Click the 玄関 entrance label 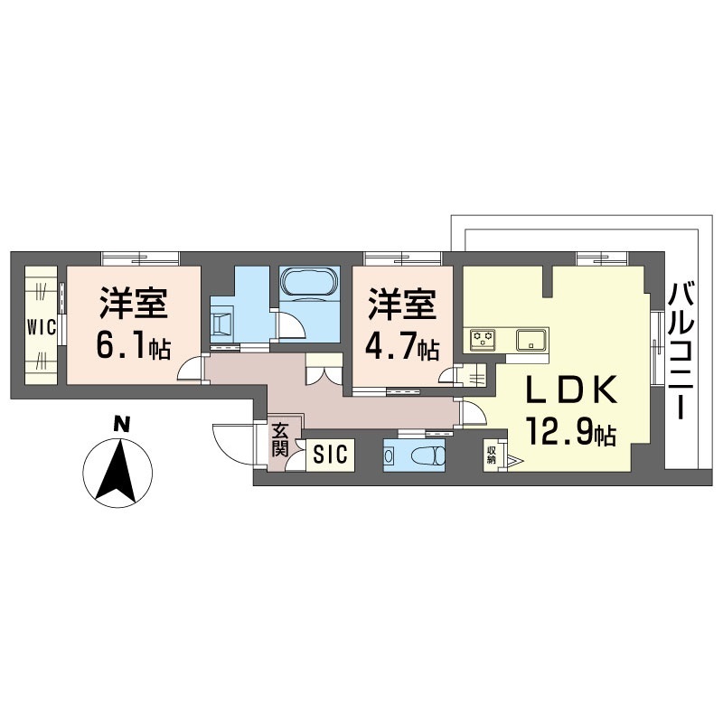[280, 442]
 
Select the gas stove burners [483, 340]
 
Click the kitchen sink [531, 340]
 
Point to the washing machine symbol [223, 322]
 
